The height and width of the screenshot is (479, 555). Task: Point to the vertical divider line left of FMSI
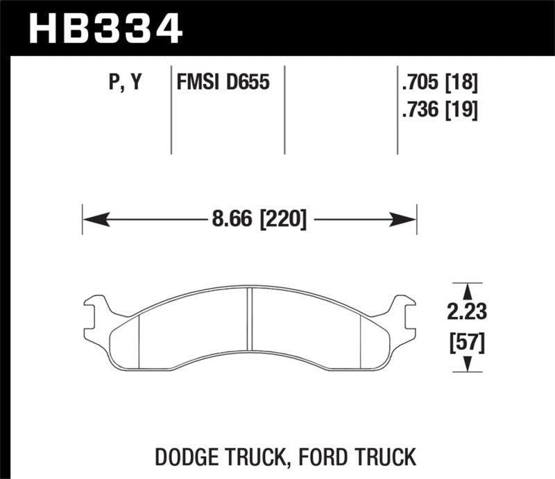[x=171, y=111]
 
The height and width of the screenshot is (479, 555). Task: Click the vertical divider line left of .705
[x=397, y=111]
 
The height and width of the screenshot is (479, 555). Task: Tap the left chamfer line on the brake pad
[x=139, y=340]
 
